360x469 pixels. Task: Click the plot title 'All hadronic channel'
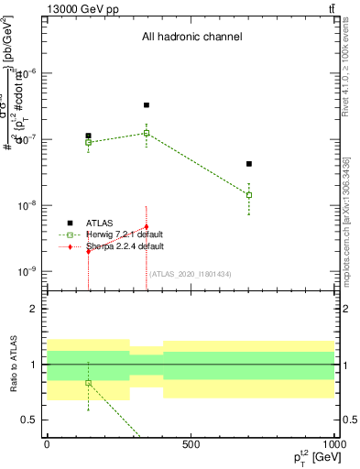191,38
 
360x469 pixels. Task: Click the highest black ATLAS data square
147,105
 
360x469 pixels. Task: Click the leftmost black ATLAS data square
88,136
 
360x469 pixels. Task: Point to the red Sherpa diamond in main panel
147,227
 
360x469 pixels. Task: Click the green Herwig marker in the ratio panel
88,383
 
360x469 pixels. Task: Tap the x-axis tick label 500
191,444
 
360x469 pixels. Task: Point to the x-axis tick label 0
47,444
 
